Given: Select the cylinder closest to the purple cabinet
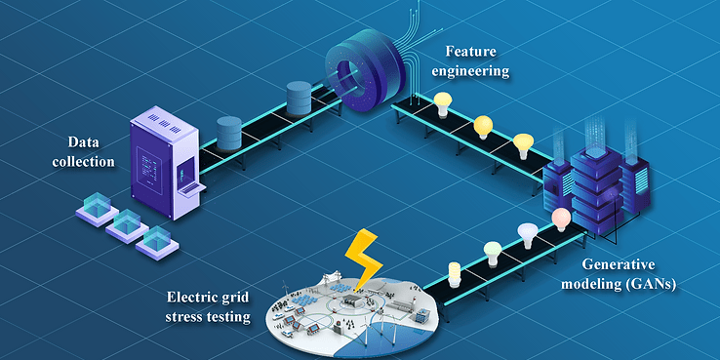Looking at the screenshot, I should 229,131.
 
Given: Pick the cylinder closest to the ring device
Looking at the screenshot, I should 300,100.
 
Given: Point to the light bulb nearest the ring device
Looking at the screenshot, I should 442,102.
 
